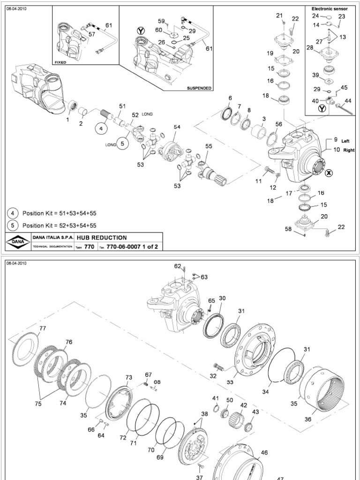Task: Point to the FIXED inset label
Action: [60, 62]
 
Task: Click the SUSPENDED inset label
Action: [199, 88]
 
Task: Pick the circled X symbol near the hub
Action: [329, 173]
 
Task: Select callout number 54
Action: [177, 127]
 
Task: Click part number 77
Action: [43, 328]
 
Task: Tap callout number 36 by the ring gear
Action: [307, 419]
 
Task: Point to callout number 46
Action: [264, 453]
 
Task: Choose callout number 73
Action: [128, 377]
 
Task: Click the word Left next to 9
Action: [345, 141]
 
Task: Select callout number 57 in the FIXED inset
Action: [91, 34]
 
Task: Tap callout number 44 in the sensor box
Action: [348, 101]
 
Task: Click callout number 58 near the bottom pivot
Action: [289, 229]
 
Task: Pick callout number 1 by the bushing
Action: [67, 120]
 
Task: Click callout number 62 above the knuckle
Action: [177, 266]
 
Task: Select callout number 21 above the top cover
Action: [279, 15]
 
